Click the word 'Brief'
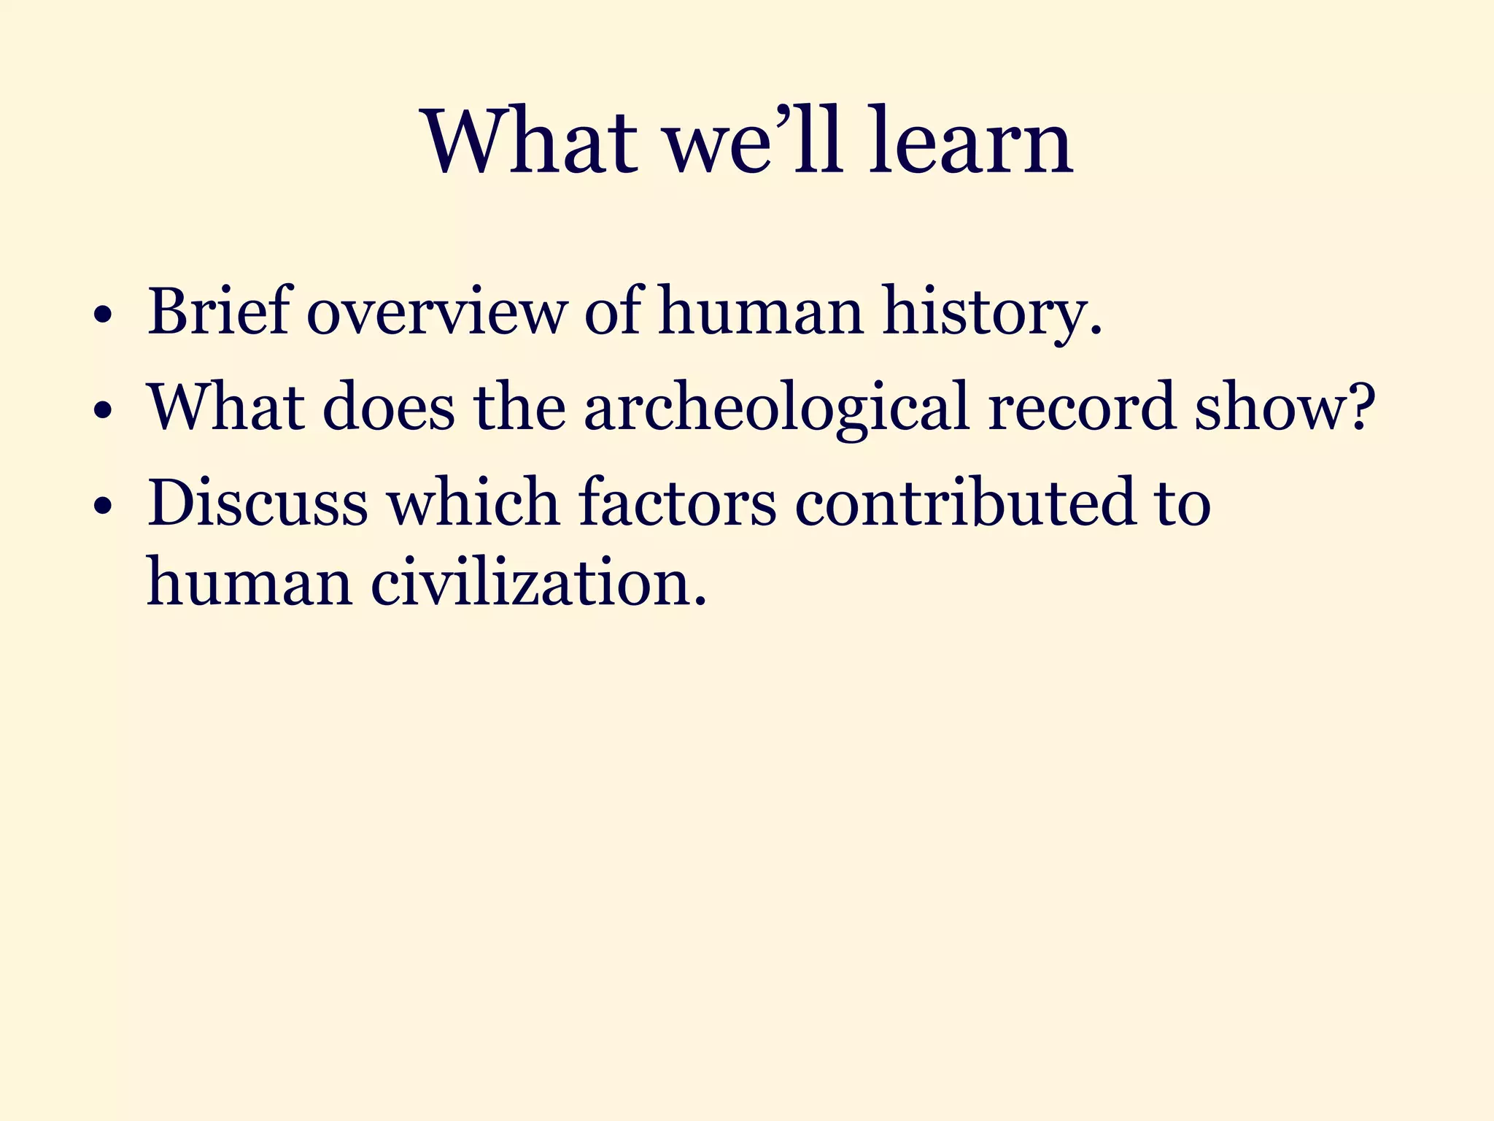pyautogui.click(x=218, y=312)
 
